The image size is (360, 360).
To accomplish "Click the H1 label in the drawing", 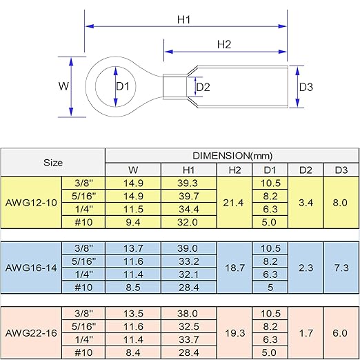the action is [184, 20].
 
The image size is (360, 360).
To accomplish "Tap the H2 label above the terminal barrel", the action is [224, 44].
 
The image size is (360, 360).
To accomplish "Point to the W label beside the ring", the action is [63, 86].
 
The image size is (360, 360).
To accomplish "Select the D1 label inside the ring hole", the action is [123, 87].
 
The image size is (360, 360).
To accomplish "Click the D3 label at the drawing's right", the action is [306, 87].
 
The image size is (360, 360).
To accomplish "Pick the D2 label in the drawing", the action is [203, 88].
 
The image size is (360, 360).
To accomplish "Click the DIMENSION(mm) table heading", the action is [232, 156].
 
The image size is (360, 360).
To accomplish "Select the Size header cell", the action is [53, 163].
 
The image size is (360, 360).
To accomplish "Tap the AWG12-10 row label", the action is [31, 203].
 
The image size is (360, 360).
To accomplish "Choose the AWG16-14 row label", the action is [31, 268].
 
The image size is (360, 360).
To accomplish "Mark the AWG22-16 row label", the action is [31, 333].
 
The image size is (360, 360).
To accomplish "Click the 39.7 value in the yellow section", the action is [189, 196].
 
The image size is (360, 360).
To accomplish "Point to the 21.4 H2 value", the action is [233, 203].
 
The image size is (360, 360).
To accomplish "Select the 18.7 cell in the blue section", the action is [234, 268].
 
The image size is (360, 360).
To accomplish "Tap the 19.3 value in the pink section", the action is [234, 333].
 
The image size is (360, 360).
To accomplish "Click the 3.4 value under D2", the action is [306, 203].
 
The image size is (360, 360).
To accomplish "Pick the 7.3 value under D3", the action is [341, 268].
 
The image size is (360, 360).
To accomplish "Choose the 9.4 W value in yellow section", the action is [133, 222].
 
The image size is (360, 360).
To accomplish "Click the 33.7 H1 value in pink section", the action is [189, 339].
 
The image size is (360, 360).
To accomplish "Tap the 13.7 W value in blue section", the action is [133, 248].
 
